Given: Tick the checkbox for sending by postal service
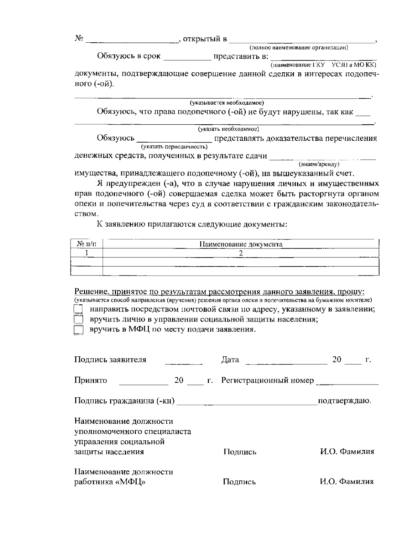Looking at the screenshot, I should coord(78,309).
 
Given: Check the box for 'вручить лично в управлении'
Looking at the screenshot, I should coord(78,320).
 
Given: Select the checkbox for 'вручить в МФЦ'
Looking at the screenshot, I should coord(78,330).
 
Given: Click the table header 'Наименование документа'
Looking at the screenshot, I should coord(241,244).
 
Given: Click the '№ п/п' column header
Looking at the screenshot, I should coord(86,244).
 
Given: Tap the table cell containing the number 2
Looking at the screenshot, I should coord(241,253).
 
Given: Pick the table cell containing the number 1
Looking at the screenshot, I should coord(86,253).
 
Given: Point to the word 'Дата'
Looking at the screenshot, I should coord(230,360).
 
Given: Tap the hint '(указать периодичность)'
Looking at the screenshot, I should coord(174,147).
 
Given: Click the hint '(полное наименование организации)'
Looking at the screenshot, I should coord(299,48).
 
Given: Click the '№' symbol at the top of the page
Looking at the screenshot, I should coord(79,38).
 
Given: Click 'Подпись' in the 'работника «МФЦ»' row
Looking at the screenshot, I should coord(239,482).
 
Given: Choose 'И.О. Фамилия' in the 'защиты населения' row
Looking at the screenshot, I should coord(347,451).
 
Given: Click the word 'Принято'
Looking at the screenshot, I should coord(91,380).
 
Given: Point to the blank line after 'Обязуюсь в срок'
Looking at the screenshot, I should coord(187,58).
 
